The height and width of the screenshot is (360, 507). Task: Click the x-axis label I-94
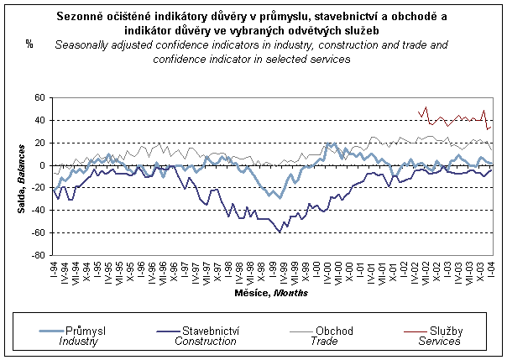(54, 270)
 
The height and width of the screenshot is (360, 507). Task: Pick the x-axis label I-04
(491, 270)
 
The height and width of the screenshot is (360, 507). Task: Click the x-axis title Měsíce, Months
(271, 293)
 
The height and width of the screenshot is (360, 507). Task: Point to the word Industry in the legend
(84, 342)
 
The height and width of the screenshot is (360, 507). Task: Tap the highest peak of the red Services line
(426, 107)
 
